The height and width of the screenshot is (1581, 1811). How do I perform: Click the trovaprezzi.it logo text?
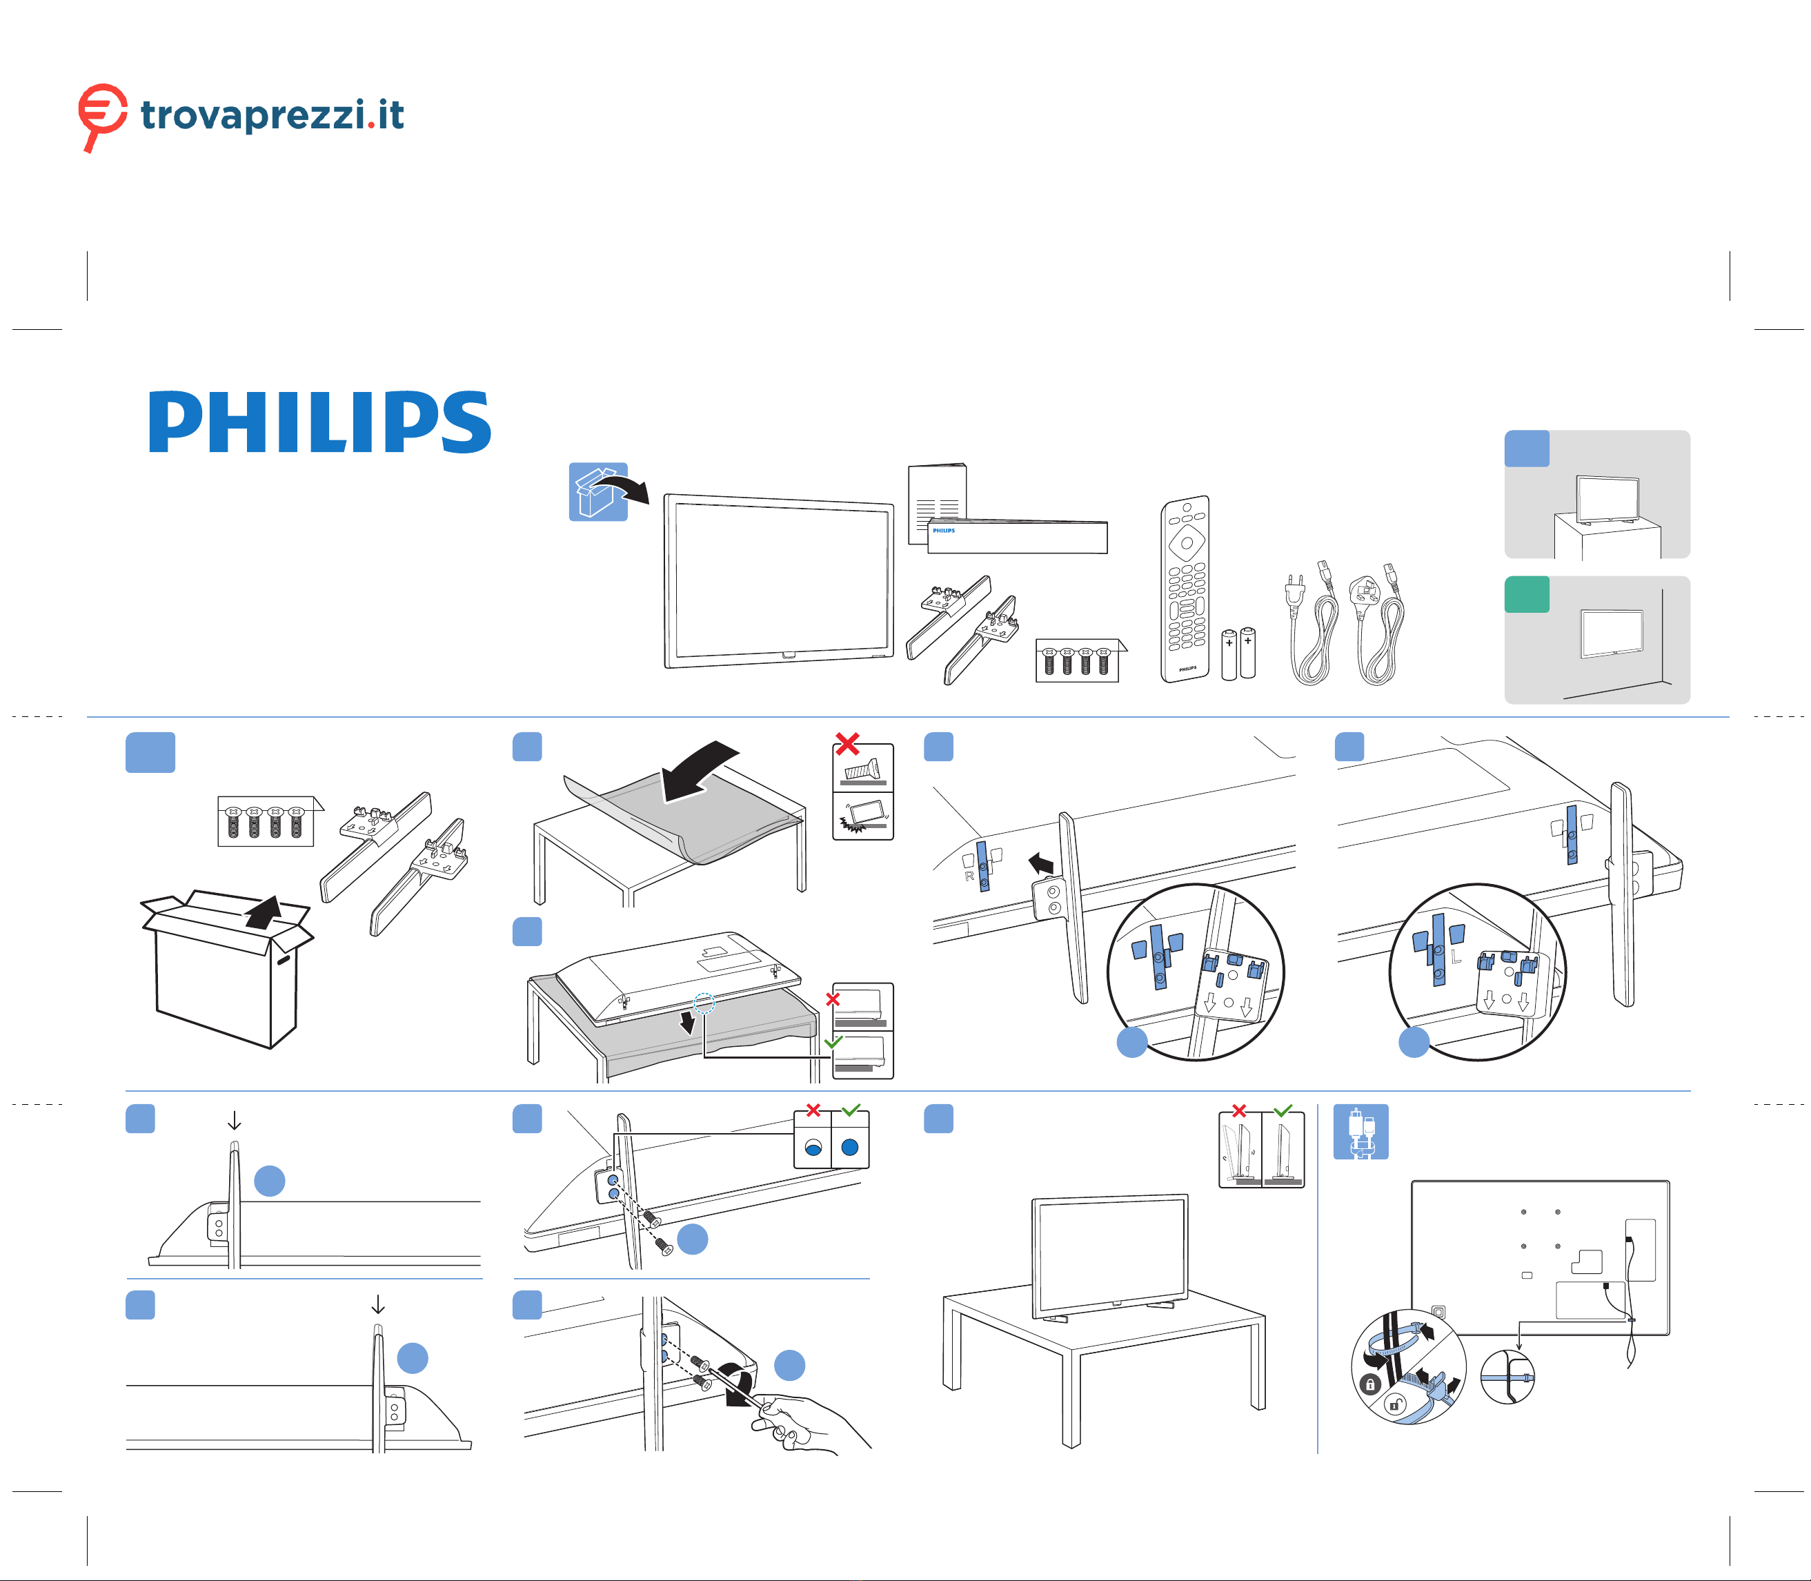tap(272, 115)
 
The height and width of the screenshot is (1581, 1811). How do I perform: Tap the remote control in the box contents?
tap(1185, 589)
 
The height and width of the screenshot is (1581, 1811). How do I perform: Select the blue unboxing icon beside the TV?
tap(598, 491)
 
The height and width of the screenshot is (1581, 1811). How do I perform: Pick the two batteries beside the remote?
tap(1238, 653)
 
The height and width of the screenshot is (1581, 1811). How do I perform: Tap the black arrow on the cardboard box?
tap(264, 912)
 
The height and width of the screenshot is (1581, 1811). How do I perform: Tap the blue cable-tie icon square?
tap(1360, 1132)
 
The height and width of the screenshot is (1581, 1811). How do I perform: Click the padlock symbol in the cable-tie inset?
tap(1370, 1385)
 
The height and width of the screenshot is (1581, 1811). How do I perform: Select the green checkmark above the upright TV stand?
tap(1283, 1111)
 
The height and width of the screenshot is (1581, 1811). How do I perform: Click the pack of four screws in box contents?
tap(1077, 661)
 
